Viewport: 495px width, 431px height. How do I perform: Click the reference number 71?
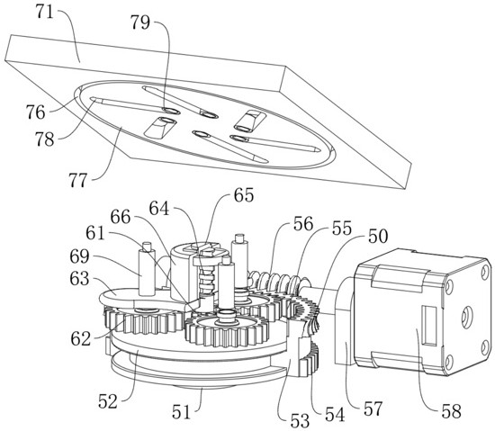pyautogui.click(x=44, y=13)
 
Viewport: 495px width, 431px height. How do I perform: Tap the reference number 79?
pyautogui.click(x=140, y=22)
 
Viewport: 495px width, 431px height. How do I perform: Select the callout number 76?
pyautogui.click(x=35, y=112)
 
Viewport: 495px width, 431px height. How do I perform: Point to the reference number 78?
pyautogui.click(x=44, y=139)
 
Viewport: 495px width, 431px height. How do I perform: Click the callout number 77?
pyautogui.click(x=77, y=181)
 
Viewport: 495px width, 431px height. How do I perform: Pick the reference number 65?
pyautogui.click(x=244, y=195)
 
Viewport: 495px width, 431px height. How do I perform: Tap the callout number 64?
pyautogui.click(x=159, y=208)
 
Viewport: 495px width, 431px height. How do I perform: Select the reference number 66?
pyautogui.click(x=121, y=217)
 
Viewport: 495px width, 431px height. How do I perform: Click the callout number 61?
pyautogui.click(x=95, y=233)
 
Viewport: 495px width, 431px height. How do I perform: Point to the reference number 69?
pyautogui.click(x=79, y=256)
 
